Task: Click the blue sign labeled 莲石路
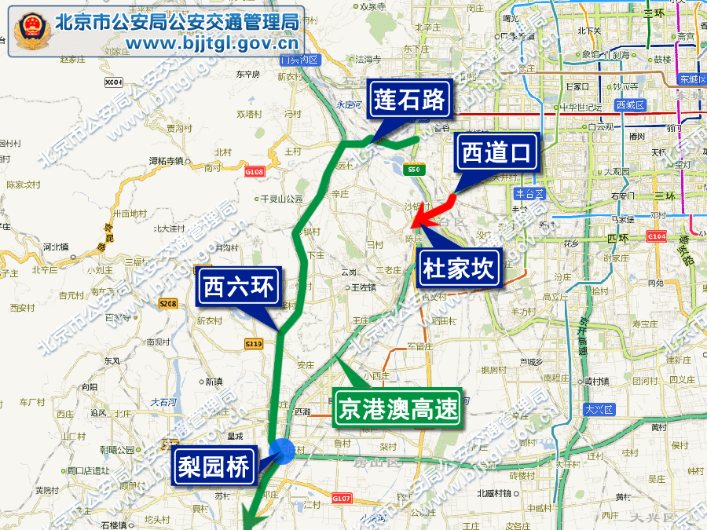point(410,101)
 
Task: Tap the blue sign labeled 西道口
point(497,153)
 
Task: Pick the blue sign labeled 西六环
point(237,287)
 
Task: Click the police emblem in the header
point(31,30)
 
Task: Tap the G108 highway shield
point(254,171)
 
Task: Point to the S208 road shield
point(168,303)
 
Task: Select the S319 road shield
point(253,343)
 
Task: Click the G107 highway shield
point(340,498)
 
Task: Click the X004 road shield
point(115,82)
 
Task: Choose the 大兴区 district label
point(603,409)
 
